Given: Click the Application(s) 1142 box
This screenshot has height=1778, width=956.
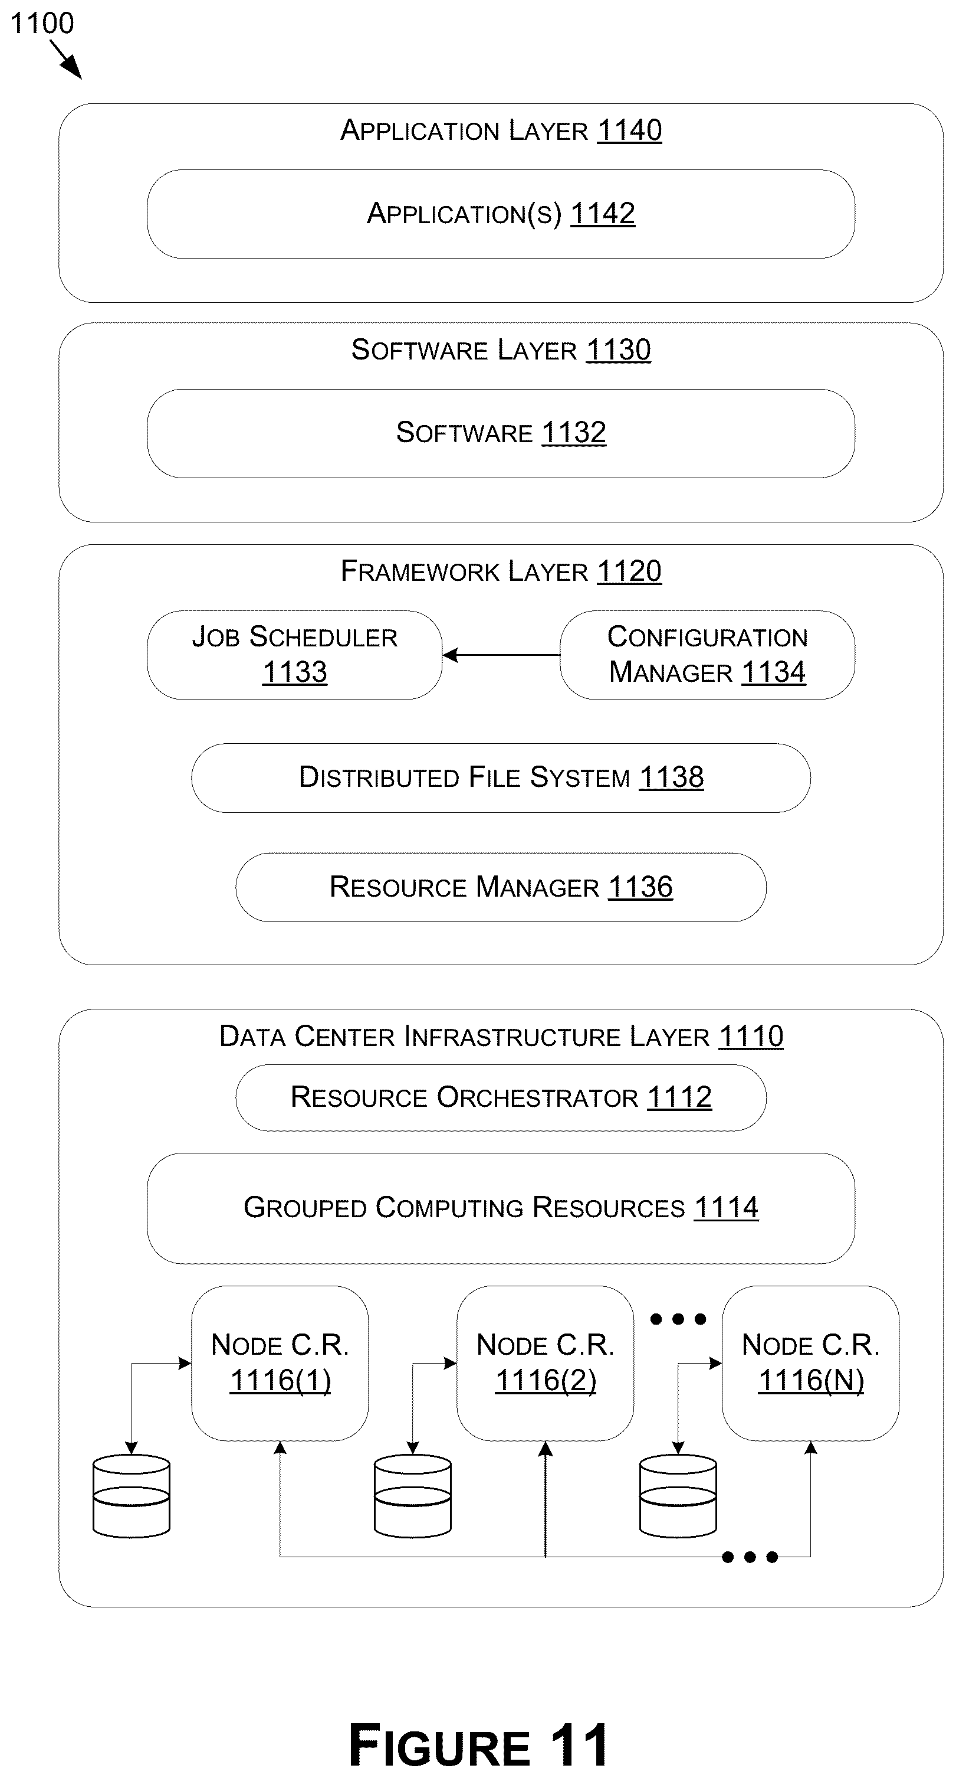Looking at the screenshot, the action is (501, 214).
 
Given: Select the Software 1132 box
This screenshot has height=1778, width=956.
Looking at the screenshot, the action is (501, 433).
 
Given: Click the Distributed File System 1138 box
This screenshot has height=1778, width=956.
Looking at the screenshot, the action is (501, 778).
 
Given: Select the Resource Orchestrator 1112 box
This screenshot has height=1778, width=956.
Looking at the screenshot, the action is (501, 1097).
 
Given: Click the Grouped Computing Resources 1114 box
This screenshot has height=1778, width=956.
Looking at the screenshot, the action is (501, 1208).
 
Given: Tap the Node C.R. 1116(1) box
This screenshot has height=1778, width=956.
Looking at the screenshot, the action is (280, 1363).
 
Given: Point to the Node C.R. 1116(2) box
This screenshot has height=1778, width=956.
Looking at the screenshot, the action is (546, 1363).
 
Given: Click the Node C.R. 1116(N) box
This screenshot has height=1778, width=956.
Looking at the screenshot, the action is (810, 1363).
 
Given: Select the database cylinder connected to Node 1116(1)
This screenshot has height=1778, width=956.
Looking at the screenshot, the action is (131, 1496).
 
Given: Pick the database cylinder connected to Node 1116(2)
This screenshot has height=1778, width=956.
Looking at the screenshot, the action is (412, 1496).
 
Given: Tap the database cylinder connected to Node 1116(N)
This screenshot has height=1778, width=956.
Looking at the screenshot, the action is (678, 1496).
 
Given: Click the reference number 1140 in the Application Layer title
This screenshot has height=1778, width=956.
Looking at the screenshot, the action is (630, 130).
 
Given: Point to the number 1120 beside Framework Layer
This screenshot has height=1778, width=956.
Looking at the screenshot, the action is (629, 571).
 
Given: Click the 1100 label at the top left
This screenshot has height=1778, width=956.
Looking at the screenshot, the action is (42, 23).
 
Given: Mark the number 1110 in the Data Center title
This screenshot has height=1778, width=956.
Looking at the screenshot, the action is (751, 1037).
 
